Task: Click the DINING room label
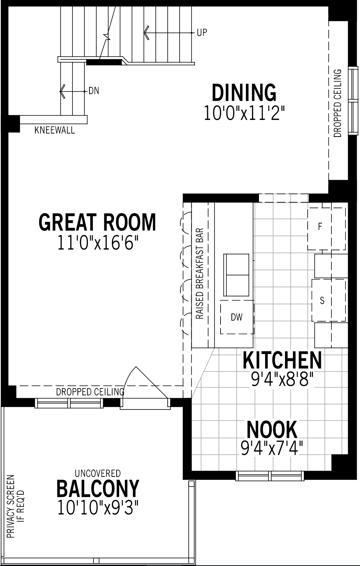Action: click(244, 93)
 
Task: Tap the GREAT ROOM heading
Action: click(97, 222)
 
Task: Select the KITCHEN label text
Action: click(282, 360)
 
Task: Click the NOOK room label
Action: click(272, 429)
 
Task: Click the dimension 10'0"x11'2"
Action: click(244, 113)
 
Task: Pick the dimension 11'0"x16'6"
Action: click(98, 242)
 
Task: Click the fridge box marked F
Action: click(326, 228)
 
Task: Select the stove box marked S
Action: click(328, 300)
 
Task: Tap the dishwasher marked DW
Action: click(237, 317)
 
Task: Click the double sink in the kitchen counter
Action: click(236, 275)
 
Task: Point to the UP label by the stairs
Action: click(202, 33)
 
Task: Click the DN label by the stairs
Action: click(94, 91)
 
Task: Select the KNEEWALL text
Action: click(55, 130)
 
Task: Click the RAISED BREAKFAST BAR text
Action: click(200, 274)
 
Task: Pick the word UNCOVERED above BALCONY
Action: click(97, 473)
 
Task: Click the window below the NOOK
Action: click(270, 476)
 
